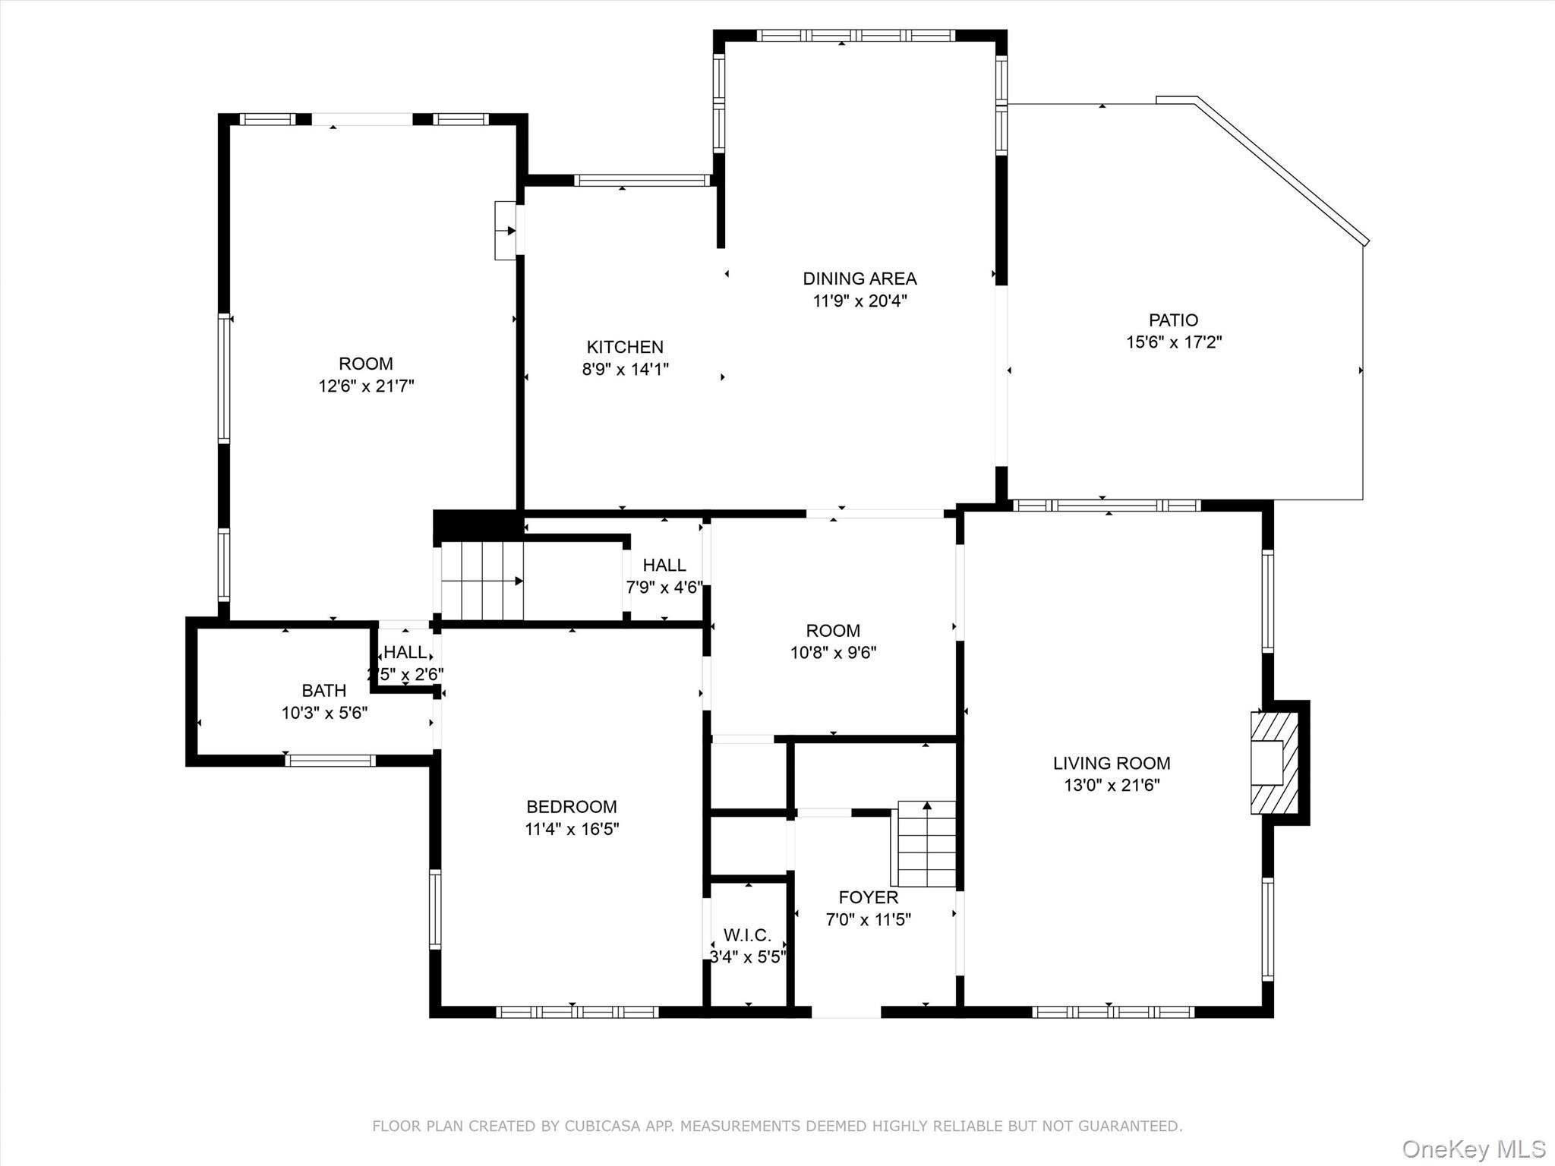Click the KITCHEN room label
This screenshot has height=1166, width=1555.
(x=625, y=347)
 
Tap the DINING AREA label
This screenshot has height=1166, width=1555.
(x=860, y=279)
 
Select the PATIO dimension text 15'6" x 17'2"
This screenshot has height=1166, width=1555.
(x=1173, y=342)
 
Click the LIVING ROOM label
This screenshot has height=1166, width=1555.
(x=1111, y=763)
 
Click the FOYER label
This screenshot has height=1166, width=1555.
(x=868, y=897)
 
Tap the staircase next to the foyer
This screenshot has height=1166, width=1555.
(x=926, y=844)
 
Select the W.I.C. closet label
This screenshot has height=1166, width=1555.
(x=747, y=935)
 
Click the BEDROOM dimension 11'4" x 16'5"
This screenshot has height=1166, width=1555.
(x=572, y=829)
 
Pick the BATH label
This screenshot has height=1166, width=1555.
(x=324, y=691)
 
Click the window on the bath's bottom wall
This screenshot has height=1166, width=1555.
(x=330, y=760)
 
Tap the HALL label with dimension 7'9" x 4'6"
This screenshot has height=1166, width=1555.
(x=664, y=565)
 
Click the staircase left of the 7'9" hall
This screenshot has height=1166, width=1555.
(x=482, y=581)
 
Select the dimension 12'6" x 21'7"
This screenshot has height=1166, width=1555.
(x=366, y=386)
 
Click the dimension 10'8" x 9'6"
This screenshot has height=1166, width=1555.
(x=833, y=653)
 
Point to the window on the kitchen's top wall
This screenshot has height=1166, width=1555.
(x=642, y=180)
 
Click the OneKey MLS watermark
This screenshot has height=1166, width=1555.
(x=1473, y=1149)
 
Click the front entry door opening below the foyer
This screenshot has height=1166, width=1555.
(x=846, y=1011)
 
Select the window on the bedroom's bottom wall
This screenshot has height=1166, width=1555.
(x=577, y=1011)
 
